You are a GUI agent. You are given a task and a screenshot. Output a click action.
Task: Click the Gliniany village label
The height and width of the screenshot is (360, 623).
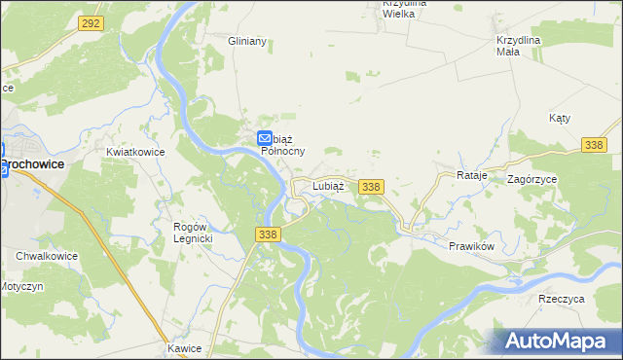tap(246, 42)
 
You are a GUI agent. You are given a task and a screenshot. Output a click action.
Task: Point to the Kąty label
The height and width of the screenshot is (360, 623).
tap(559, 117)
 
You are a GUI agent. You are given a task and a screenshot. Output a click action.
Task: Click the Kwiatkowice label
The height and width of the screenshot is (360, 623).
tap(135, 153)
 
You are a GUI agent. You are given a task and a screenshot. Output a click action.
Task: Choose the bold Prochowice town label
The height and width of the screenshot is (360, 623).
tap(32, 164)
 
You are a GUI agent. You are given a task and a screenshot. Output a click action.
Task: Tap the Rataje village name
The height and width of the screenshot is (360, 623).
tap(470, 175)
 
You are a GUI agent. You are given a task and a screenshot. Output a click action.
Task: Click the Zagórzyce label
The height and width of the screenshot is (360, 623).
tap(532, 179)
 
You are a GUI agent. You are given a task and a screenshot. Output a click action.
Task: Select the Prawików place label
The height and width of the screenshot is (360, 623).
tap(473, 245)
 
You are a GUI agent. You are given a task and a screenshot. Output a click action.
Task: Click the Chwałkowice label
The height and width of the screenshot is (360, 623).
tap(46, 256)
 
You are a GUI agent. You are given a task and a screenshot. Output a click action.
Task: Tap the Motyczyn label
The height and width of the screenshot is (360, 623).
tap(21, 289)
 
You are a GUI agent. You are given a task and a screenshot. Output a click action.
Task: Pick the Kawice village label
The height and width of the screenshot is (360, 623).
tap(183, 347)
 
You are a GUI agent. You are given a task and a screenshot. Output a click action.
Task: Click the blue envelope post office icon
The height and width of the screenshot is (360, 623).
tap(265, 140)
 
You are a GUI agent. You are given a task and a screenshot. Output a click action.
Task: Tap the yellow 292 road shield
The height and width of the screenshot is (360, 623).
tap(91, 22)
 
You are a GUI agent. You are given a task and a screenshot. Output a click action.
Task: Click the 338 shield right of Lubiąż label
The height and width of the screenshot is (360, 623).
tap(370, 186)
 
